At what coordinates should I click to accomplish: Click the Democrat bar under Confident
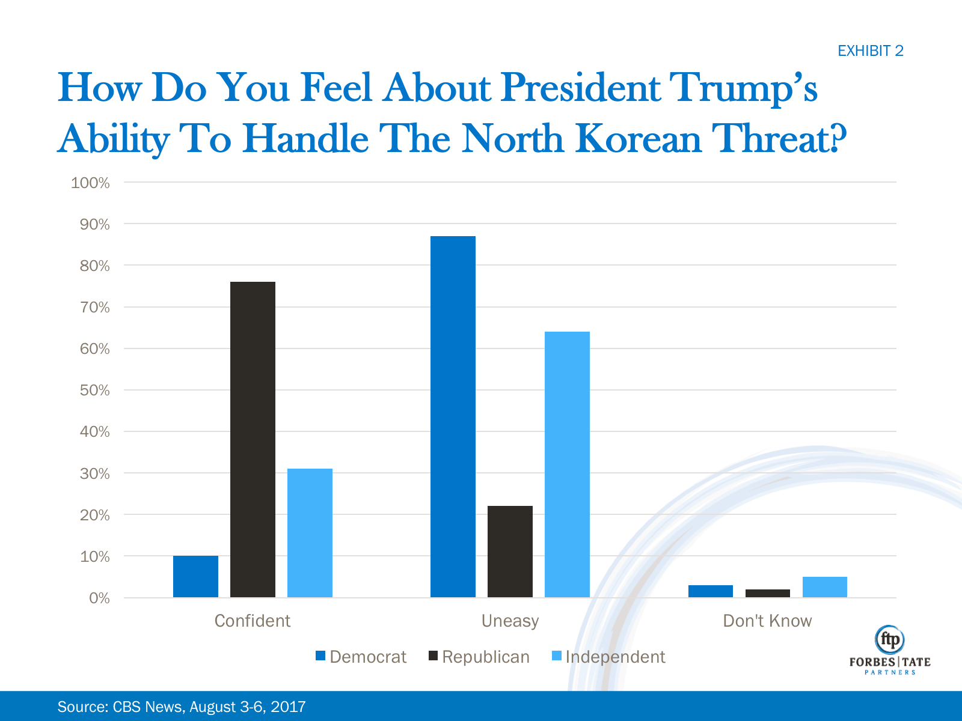pos(195,576)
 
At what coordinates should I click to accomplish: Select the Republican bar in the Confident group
pos(253,439)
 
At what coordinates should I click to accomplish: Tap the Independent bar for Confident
pos(310,533)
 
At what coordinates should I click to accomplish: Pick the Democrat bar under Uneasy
pos(453,416)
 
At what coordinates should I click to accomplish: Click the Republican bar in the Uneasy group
pos(510,552)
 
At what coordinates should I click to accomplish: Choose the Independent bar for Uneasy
pos(567,464)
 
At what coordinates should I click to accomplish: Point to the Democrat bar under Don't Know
pos(711,591)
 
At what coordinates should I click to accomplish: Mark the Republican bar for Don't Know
pos(768,593)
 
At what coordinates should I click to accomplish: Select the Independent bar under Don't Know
pos(825,587)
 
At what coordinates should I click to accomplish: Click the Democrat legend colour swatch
pos(320,656)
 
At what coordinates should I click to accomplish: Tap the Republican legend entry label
pos(486,657)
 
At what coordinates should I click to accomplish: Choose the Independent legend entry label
pos(615,657)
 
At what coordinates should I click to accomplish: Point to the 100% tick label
pos(90,183)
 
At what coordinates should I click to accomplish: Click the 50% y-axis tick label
pos(94,391)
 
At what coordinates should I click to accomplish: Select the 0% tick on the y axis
pos(99,598)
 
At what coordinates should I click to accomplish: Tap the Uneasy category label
pos(510,621)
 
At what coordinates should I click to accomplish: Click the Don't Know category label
pos(767,621)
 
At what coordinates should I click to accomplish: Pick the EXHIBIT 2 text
pos(870,51)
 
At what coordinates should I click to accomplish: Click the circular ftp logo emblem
pos(890,640)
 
